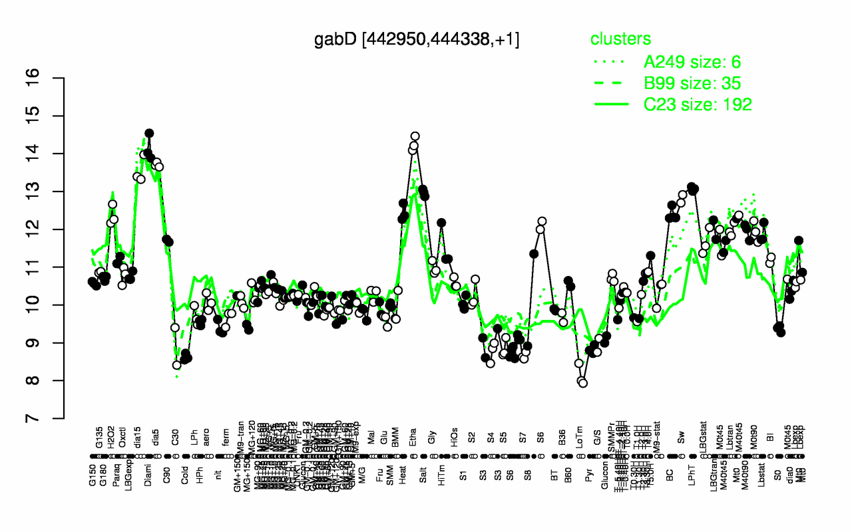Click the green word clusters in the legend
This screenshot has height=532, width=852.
point(620,39)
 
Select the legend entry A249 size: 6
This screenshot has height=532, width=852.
point(692,63)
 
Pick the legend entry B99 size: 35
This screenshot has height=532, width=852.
point(692,83)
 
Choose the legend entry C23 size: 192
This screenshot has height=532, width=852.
point(698,104)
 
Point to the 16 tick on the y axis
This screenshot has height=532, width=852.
point(52,78)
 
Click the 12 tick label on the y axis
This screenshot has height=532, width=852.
point(52,229)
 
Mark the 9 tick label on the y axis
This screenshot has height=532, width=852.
point(52,343)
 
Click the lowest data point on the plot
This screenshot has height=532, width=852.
point(583,383)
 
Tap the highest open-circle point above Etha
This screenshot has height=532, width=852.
point(415,136)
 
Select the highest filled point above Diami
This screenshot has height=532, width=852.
point(149,133)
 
